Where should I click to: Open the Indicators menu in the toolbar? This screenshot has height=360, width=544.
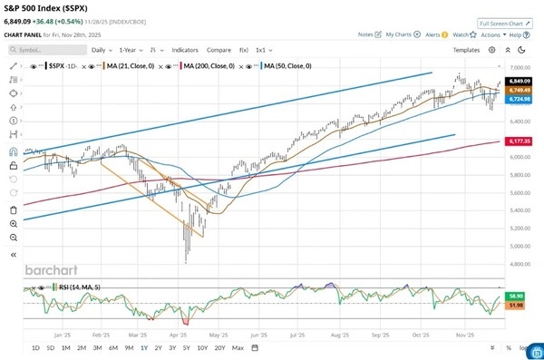pos(185,50)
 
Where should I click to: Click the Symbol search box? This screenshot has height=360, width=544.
pos(53,50)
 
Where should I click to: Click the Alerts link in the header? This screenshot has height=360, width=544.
pos(432,34)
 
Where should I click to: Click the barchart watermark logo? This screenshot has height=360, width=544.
pos(53,269)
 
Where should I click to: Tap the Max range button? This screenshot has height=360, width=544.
pos(238,347)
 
